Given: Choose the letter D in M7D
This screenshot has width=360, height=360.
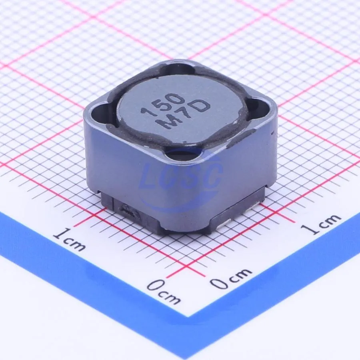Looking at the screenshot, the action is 201,106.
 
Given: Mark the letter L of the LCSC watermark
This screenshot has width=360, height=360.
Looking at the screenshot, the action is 149,177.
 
